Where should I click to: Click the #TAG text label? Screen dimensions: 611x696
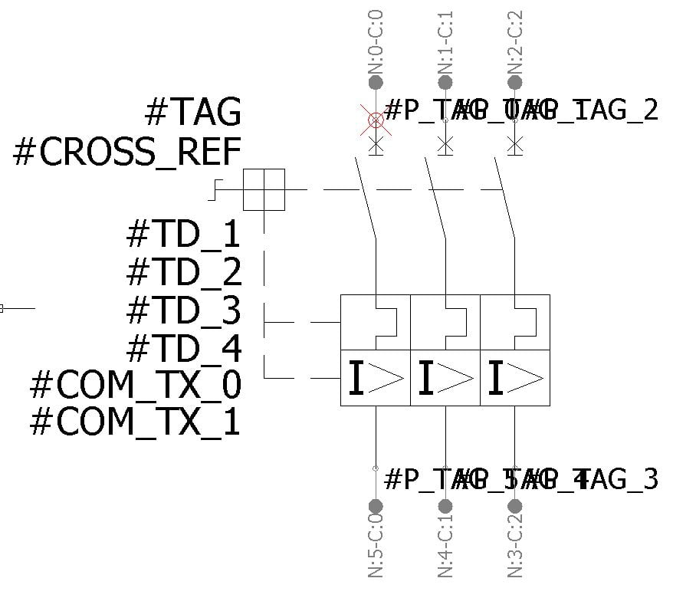pos(192,113)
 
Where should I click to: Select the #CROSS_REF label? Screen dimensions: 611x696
pos(127,152)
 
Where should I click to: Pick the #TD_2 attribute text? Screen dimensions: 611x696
pos(183,271)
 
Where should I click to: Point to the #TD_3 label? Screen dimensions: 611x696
pos(183,310)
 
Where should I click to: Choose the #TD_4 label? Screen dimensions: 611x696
pos(183,348)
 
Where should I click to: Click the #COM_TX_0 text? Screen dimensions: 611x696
pos(135,384)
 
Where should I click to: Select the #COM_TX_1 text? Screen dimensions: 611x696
pos(135,422)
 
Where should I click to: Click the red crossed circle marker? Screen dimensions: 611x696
pos(376,120)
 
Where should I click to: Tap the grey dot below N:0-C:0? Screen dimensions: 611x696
pos(376,82)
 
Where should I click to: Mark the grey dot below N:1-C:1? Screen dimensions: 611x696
pos(445,82)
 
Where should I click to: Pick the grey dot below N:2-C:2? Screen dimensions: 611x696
pos(515,82)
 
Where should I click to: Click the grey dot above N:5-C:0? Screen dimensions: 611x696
pos(376,506)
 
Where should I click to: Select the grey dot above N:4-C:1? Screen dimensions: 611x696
pos(445,506)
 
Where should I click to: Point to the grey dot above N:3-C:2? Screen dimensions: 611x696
pos(515,506)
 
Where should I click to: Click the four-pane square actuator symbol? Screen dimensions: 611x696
pos(264,189)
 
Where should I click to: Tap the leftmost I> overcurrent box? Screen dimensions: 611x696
pos(376,378)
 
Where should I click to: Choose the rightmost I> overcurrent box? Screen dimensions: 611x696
pos(515,378)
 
